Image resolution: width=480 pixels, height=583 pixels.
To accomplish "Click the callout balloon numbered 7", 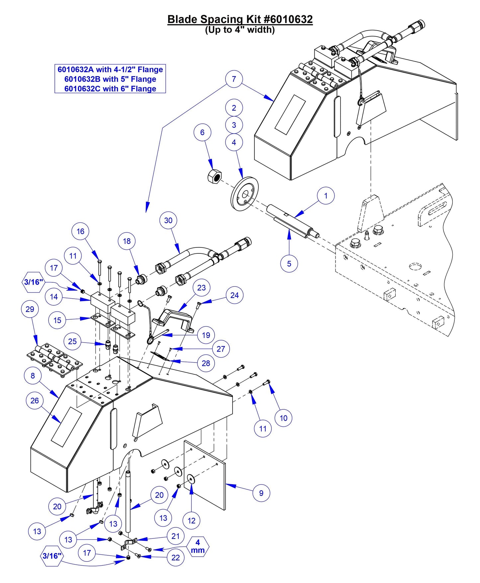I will (x=234, y=79).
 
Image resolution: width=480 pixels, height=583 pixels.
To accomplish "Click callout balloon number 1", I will (x=326, y=196).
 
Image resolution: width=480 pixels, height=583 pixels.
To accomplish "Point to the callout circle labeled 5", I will (x=289, y=264).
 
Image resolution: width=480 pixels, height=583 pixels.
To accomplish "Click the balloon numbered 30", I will (x=168, y=220).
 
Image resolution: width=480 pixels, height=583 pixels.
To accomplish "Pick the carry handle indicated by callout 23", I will (x=173, y=318).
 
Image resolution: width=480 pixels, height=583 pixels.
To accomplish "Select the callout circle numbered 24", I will (x=235, y=295).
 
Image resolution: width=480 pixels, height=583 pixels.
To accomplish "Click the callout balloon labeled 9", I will (x=261, y=493).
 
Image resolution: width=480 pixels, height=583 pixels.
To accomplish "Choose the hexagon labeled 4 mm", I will (x=198, y=546).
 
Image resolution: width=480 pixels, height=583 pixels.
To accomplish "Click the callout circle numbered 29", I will (x=30, y=309).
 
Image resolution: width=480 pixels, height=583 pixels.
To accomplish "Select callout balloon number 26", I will (x=35, y=401).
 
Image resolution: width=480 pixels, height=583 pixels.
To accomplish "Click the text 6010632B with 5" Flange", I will (x=110, y=79).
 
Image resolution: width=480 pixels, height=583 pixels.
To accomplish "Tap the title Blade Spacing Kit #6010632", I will (x=240, y=19).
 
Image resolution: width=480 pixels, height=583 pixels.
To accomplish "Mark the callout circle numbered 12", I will (x=191, y=520).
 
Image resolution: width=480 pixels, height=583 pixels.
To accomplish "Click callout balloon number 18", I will (x=127, y=241).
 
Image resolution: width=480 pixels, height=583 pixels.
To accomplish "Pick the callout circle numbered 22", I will (x=175, y=558).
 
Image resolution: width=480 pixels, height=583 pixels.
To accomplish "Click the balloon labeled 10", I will (x=283, y=418).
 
